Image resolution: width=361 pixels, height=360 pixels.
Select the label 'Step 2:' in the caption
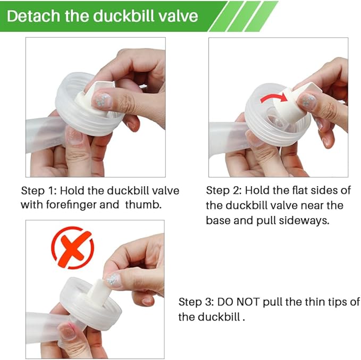[224, 190]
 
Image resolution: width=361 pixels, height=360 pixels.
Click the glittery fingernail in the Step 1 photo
[102, 100]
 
